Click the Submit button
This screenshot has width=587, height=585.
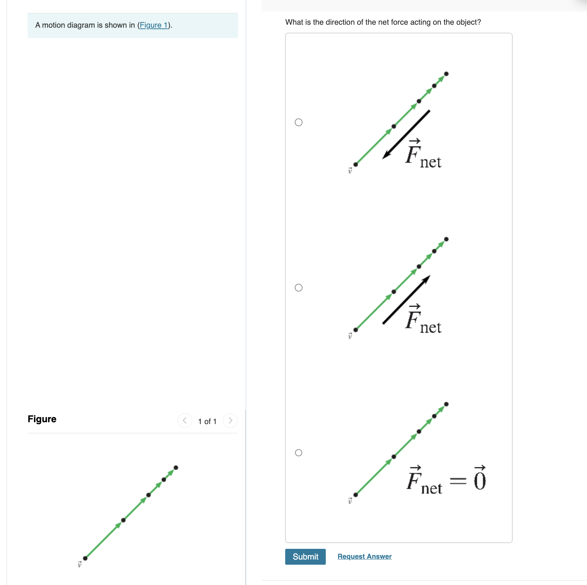[x=305, y=557]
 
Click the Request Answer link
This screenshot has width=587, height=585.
[x=364, y=556]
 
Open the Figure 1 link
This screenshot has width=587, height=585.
[x=153, y=25]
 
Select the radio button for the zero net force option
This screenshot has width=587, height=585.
[x=298, y=452]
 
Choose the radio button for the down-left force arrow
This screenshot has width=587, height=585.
[x=298, y=122]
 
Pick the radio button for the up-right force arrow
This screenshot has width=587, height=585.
[x=298, y=288]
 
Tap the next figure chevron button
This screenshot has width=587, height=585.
[x=230, y=420]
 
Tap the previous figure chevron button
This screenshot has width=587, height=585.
[x=184, y=420]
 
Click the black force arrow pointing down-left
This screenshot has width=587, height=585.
[x=406, y=135]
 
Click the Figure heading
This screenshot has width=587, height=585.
[x=42, y=419]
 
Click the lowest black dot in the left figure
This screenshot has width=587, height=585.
[x=85, y=558]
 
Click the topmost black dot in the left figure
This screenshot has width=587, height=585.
[x=176, y=468]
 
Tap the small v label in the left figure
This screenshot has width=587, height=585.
[x=79, y=564]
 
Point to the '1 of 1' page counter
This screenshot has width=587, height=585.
[x=207, y=421]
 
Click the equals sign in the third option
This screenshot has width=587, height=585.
[x=458, y=481]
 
